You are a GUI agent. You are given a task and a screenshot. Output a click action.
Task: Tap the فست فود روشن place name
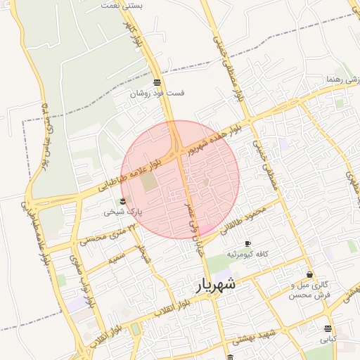point(157,93)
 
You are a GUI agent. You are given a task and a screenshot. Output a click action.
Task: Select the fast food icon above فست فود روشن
point(156,82)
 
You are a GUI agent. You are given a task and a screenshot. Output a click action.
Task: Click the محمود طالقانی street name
point(243,219)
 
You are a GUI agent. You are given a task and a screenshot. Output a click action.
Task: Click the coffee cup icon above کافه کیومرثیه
point(247,243)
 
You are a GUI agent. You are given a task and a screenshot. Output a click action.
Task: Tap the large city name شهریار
point(215,285)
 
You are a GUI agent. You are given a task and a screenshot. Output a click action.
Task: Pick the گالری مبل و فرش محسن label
point(309,290)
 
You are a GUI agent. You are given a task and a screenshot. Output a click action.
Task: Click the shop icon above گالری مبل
point(309,274)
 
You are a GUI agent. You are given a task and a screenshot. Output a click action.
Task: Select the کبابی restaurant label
point(328,339)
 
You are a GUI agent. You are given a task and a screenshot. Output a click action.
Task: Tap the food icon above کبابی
point(328,328)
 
